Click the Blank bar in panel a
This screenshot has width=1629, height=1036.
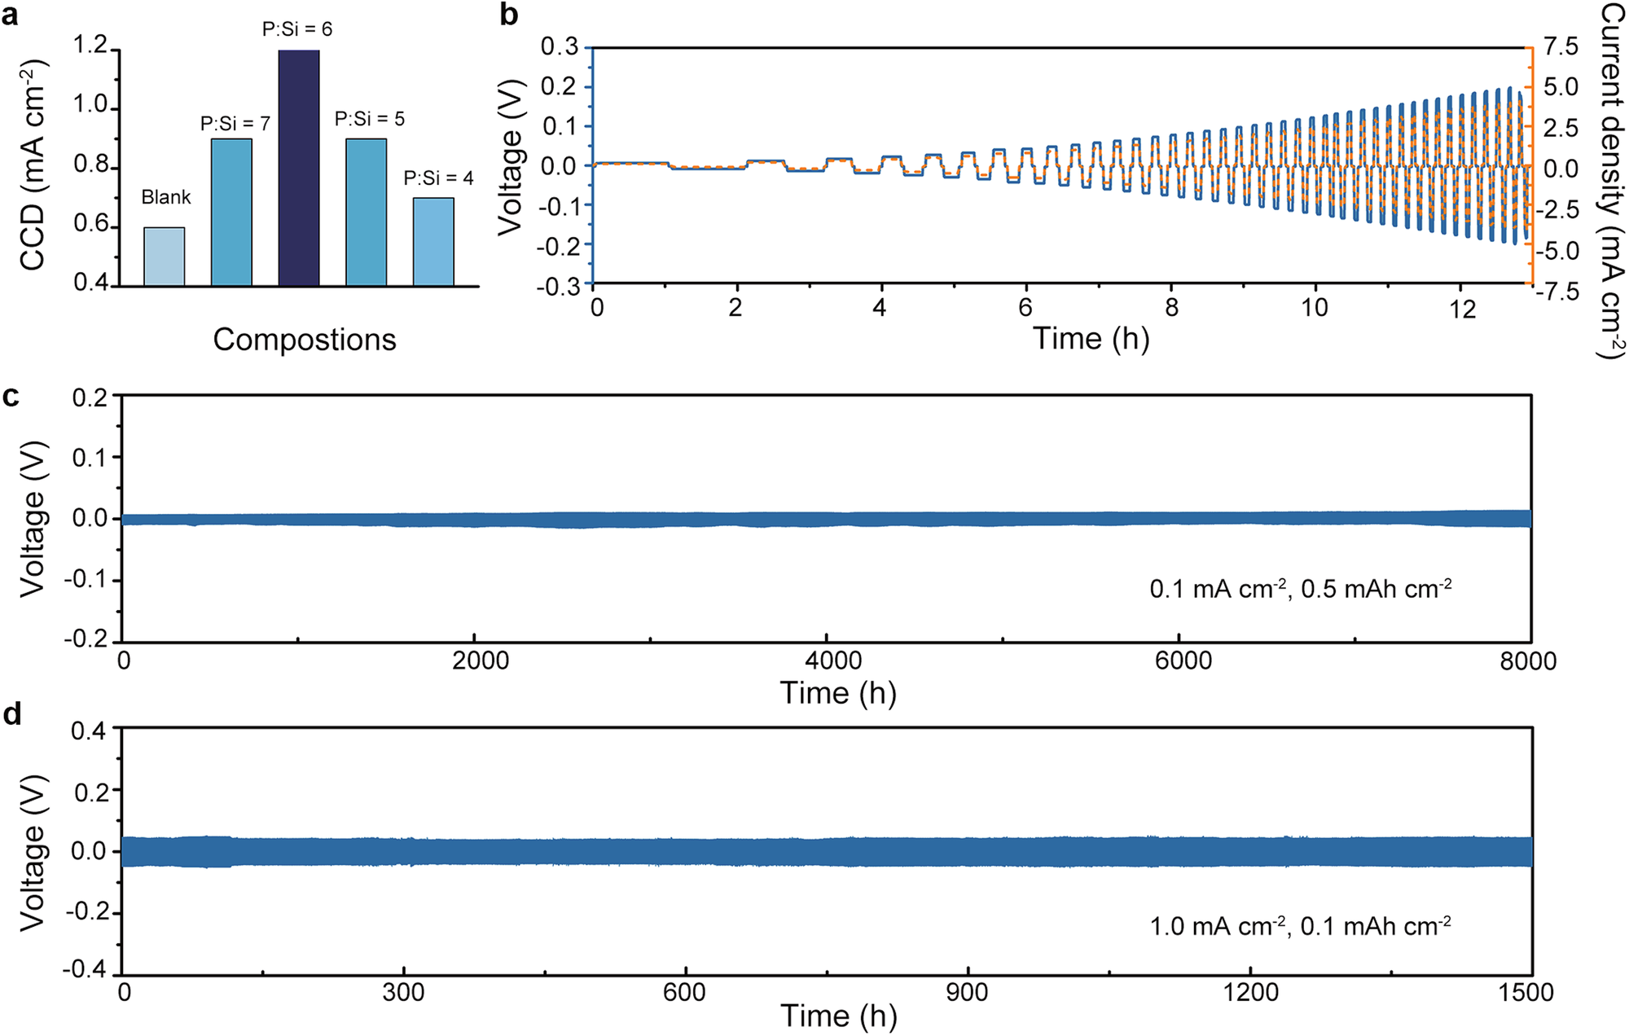(x=165, y=257)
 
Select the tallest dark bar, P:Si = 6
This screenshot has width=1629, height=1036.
(x=299, y=169)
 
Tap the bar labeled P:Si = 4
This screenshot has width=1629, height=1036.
(x=433, y=242)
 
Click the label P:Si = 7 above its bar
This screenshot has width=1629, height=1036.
(x=235, y=124)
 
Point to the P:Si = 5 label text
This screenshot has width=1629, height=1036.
(x=369, y=119)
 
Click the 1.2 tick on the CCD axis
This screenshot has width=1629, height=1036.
(x=90, y=45)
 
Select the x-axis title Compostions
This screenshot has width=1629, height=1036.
(x=304, y=339)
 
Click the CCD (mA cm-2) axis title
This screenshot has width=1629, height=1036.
(x=32, y=165)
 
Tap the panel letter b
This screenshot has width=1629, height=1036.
(x=509, y=15)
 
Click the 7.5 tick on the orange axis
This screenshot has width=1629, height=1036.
(x=1561, y=46)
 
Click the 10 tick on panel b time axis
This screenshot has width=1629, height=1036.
(x=1314, y=308)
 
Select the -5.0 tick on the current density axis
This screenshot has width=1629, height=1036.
(x=1557, y=250)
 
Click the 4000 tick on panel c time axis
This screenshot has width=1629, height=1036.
(x=833, y=661)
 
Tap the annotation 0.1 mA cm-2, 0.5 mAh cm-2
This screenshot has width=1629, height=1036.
(x=1300, y=588)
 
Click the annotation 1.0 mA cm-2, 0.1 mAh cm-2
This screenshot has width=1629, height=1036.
(x=1300, y=926)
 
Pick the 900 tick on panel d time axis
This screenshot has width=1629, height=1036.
(x=968, y=992)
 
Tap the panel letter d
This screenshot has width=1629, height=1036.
(x=12, y=714)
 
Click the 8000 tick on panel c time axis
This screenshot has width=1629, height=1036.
(x=1528, y=661)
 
